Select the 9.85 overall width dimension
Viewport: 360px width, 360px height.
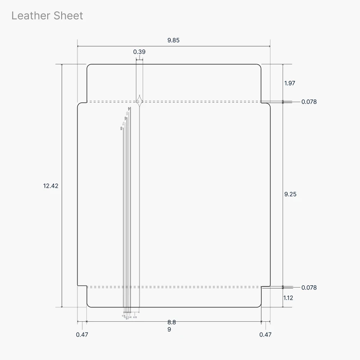173,40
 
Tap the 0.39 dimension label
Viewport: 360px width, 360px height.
139,52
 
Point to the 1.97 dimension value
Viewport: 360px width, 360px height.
290,83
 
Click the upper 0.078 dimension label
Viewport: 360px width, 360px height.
309,102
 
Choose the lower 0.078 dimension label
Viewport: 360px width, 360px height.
309,288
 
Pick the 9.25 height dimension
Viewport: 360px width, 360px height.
290,194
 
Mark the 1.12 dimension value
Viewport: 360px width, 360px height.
289,298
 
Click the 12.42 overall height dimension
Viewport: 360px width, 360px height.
51,185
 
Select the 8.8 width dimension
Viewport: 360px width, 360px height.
171,322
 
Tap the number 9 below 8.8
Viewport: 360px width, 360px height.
169,329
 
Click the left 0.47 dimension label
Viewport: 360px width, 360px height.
82,334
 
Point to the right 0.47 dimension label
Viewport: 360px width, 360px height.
265,334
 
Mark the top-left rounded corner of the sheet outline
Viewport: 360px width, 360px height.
88,66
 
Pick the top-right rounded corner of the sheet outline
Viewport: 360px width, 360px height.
260,66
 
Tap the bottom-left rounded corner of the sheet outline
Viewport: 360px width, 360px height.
88,306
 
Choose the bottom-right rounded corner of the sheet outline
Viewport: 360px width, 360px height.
260,306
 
